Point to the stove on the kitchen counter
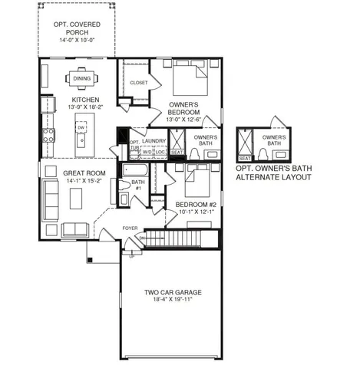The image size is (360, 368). coord(48,135)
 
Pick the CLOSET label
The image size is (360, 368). coord(139,82)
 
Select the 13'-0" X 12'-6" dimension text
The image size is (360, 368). coord(183,119)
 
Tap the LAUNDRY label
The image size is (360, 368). coord(155,141)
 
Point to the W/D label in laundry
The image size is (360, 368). coord(147,152)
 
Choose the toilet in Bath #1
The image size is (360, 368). coord(124,184)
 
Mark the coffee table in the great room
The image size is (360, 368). coord(76,198)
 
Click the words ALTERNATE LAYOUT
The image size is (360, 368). coord(273,177)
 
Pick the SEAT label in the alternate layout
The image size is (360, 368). coord(246,158)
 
